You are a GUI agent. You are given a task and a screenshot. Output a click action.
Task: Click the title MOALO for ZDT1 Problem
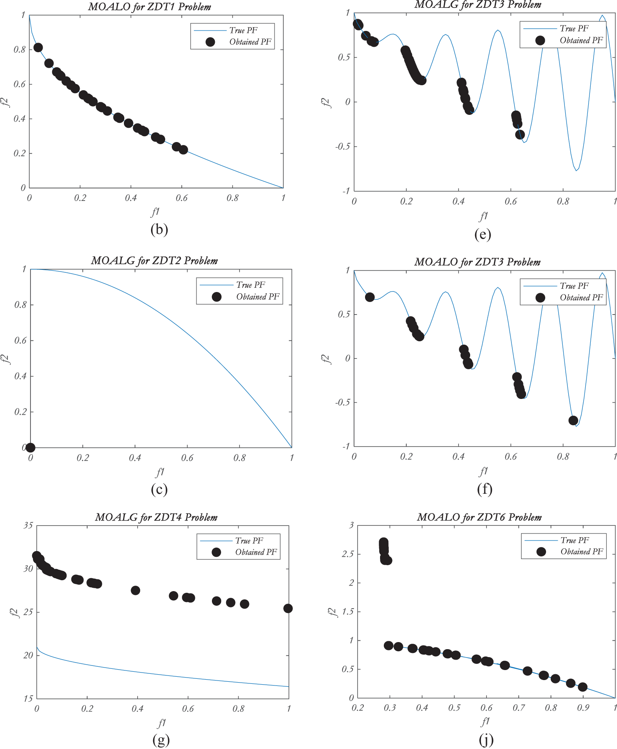[x=149, y=7]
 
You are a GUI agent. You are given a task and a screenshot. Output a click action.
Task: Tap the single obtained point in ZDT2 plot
[x=30, y=447]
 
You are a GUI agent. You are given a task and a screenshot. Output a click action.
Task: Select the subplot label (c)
[x=159, y=489]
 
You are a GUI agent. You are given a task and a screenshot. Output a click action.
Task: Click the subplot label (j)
[x=486, y=740]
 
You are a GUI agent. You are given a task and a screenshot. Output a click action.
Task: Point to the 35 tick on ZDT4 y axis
[x=28, y=525]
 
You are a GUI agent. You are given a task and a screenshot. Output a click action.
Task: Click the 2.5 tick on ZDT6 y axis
[x=348, y=554]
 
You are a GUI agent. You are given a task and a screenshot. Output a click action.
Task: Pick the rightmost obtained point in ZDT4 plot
[x=288, y=608]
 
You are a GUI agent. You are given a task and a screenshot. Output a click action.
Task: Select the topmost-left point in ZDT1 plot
[x=38, y=48]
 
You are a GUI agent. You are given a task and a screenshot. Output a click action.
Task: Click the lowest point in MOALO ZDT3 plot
[x=573, y=420]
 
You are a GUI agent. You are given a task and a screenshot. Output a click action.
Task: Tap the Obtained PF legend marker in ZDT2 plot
[x=216, y=297]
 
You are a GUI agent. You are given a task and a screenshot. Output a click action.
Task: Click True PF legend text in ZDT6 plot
[x=574, y=540]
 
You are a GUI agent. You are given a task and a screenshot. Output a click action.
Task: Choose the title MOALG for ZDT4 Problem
[x=156, y=517]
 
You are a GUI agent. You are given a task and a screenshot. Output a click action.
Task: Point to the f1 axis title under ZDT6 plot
[x=485, y=721]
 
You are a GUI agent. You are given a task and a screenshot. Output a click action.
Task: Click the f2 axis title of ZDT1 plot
[x=5, y=102]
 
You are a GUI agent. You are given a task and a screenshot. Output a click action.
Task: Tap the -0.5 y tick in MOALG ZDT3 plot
[x=342, y=147]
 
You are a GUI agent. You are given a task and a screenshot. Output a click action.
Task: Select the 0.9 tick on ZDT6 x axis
[x=583, y=708]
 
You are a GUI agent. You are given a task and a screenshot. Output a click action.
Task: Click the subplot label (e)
[x=483, y=234]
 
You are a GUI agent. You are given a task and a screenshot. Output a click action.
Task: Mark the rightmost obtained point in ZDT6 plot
[x=583, y=687]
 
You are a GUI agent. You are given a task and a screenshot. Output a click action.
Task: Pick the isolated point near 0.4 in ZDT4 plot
[x=135, y=590]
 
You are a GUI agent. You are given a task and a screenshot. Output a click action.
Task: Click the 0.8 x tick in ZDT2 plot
[x=239, y=458]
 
